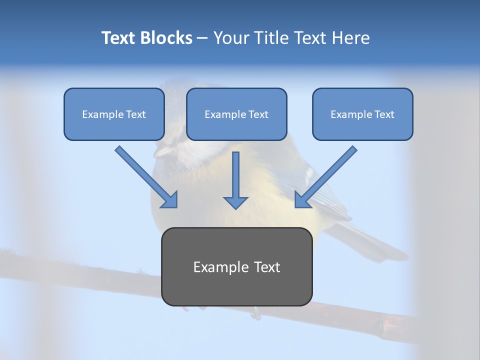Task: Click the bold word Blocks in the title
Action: pyautogui.click(x=168, y=38)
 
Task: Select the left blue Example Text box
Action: pyautogui.click(x=114, y=114)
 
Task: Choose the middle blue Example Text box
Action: pyautogui.click(x=236, y=114)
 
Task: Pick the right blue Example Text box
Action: pyautogui.click(x=362, y=114)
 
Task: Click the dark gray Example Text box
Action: pyautogui.click(x=236, y=266)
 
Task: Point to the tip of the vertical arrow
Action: pyautogui.click(x=235, y=207)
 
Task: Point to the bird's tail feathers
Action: pyautogui.click(x=380, y=245)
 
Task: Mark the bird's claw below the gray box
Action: pyautogui.click(x=256, y=314)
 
